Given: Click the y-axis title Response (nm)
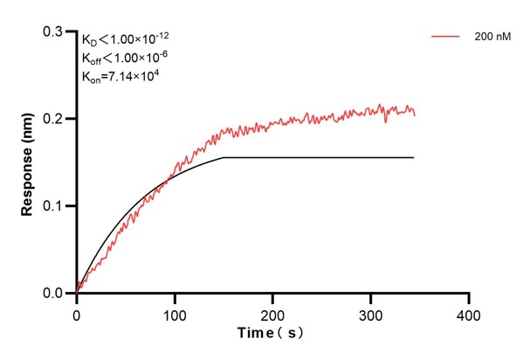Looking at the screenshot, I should [28, 162].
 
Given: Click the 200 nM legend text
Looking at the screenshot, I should [494, 38].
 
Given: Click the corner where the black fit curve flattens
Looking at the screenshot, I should [224, 157].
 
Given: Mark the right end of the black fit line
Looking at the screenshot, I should [414, 157].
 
